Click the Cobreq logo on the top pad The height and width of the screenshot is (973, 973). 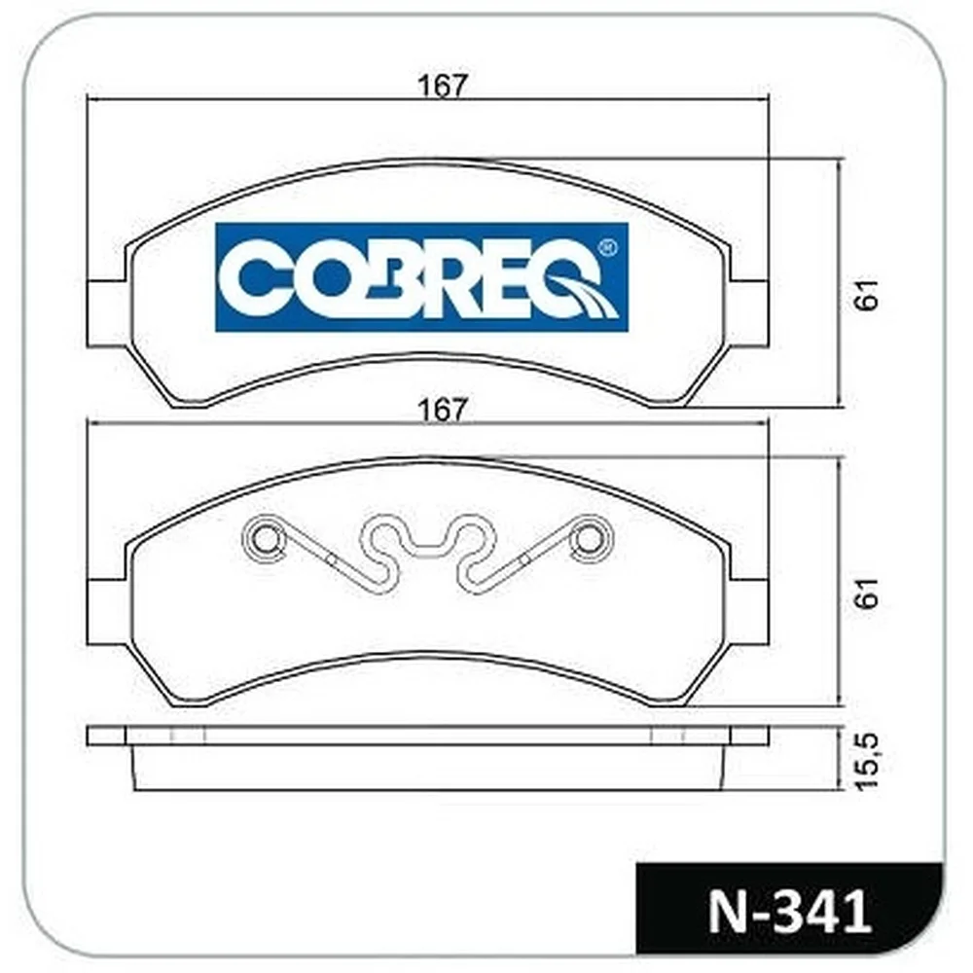pyautogui.click(x=422, y=276)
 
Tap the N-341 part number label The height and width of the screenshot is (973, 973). pyautogui.click(x=789, y=912)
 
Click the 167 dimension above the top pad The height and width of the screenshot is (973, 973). pyautogui.click(x=441, y=86)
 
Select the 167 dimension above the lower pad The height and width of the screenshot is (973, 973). pyautogui.click(x=441, y=411)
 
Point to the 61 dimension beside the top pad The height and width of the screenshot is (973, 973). pyautogui.click(x=867, y=295)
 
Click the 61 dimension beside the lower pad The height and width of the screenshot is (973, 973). pyautogui.click(x=867, y=593)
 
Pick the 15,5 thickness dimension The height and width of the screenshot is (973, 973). pyautogui.click(x=867, y=761)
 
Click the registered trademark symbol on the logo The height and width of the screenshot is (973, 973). pyautogui.click(x=606, y=248)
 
